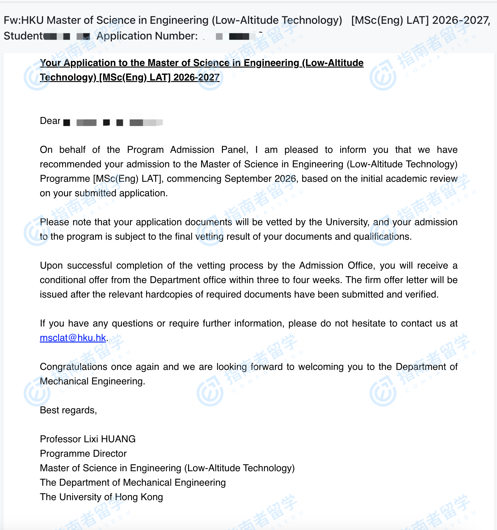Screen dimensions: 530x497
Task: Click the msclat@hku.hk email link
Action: click(73, 338)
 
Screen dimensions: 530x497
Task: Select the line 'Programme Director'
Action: click(83, 453)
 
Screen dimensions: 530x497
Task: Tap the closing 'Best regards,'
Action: click(68, 410)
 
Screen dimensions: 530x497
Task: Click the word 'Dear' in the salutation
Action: click(50, 121)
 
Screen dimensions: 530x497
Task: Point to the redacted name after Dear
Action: click(113, 122)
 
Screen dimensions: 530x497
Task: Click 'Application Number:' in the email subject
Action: click(147, 36)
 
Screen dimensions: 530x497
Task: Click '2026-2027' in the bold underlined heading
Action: click(196, 77)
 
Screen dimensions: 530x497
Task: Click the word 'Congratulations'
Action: click(73, 367)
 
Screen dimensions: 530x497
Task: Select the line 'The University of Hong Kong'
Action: click(101, 497)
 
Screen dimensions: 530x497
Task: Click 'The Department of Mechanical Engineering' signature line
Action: click(133, 482)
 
